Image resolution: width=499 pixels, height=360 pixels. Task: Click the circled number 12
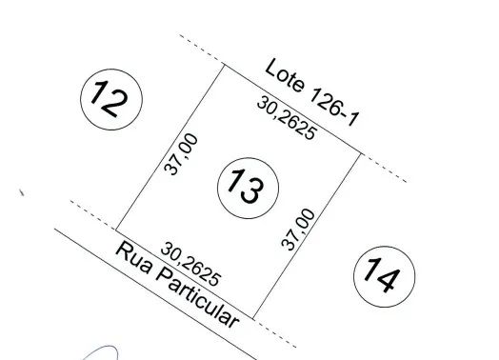[111, 99]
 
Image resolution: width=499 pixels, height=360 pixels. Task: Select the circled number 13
[249, 189]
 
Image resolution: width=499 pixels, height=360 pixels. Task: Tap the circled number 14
[385, 276]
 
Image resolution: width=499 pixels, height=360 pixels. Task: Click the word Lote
[285, 76]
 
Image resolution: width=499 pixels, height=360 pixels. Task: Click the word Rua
[133, 258]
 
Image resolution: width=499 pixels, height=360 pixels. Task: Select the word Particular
[198, 298]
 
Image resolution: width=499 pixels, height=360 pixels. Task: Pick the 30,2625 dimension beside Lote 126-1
[287, 118]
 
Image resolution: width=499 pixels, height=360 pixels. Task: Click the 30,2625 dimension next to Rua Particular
[190, 264]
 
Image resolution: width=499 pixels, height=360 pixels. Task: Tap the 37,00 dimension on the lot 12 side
[181, 154]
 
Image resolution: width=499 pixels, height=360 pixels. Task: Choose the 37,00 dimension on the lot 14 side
[298, 230]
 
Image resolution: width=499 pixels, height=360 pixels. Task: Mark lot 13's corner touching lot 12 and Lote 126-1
[225, 65]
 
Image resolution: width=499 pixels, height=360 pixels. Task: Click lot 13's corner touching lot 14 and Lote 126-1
[361, 153]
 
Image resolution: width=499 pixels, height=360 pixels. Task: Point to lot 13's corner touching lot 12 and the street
[116, 230]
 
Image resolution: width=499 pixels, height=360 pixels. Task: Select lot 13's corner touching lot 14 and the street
[253, 318]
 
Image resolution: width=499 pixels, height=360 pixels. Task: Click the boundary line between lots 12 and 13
[170, 147]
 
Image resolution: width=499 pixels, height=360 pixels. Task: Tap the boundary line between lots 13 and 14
[307, 235]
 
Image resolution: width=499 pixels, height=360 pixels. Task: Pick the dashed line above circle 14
[384, 168]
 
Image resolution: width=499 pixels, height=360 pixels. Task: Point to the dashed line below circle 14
[275, 332]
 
